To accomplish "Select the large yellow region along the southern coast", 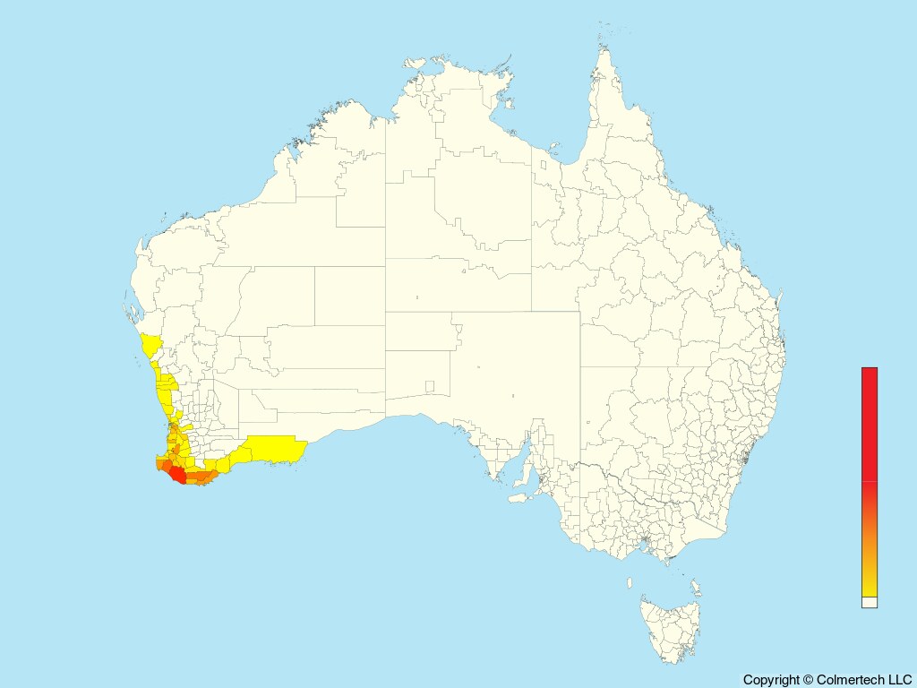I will point(273,448).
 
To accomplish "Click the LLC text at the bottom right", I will point(899,680).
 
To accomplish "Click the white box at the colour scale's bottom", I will point(869,602).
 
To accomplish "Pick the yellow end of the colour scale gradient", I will point(869,587).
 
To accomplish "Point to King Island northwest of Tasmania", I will point(629,582).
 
